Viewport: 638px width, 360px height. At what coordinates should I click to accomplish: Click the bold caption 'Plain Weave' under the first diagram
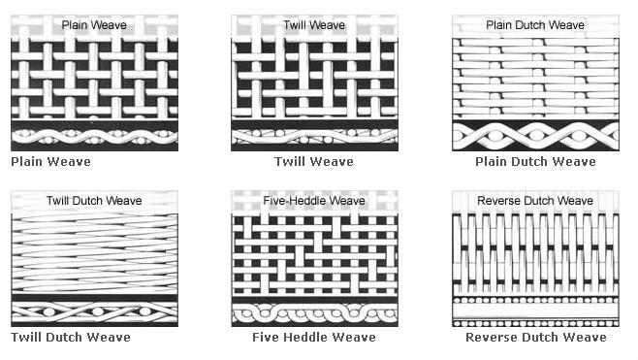[49, 161]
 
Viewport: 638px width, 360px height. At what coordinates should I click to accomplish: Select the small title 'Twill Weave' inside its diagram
[314, 24]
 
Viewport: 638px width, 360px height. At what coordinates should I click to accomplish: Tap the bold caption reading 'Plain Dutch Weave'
[535, 161]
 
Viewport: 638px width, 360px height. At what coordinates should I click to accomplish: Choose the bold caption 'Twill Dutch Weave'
[71, 338]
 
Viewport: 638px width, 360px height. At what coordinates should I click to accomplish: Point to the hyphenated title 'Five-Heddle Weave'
[314, 201]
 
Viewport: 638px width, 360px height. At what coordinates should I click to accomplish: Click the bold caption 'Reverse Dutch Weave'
[535, 338]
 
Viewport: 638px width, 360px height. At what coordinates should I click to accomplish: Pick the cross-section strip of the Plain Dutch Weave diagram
[535, 136]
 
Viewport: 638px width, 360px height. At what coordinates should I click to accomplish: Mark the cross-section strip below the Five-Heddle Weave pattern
[314, 313]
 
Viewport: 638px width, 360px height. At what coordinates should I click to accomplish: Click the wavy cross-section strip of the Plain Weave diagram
[94, 136]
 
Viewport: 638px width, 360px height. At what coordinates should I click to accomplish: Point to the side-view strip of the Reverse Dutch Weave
[535, 311]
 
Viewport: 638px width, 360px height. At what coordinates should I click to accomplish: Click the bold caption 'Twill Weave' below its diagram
[314, 161]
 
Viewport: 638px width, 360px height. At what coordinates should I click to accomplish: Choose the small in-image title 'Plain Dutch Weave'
[535, 24]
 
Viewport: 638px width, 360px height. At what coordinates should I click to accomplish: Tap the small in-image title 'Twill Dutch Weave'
[94, 201]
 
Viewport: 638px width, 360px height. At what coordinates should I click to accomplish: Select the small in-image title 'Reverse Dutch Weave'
[535, 201]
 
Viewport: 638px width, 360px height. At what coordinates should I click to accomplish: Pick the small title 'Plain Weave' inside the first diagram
[94, 24]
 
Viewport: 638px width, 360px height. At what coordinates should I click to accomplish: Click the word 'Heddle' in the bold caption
[309, 338]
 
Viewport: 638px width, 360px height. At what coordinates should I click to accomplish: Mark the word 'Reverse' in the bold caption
[493, 338]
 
